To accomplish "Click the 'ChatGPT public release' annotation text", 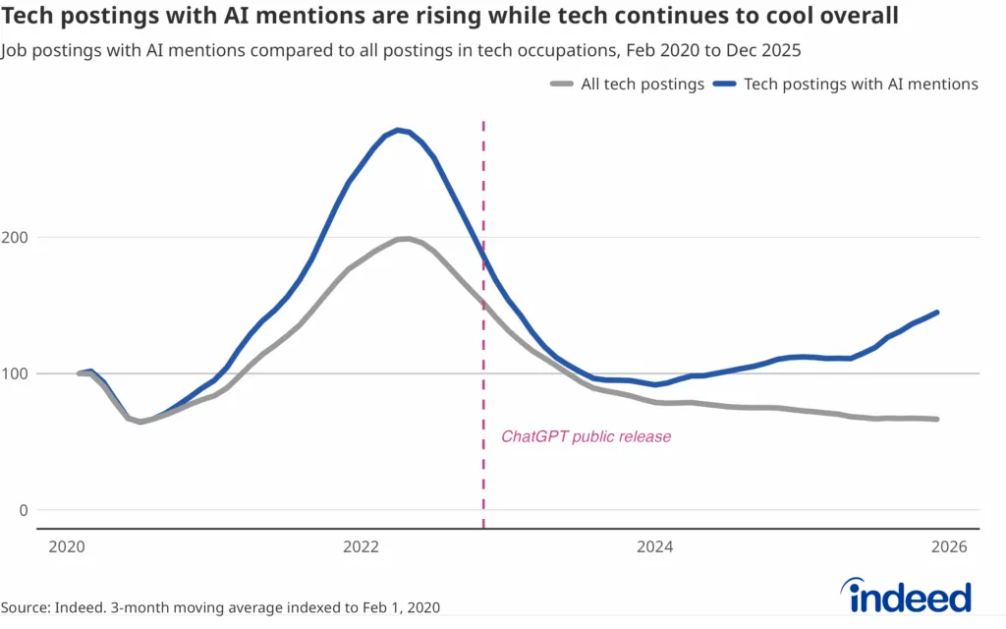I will (x=587, y=436).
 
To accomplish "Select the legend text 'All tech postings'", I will (x=643, y=85).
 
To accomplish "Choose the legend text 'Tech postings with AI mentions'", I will (x=861, y=85).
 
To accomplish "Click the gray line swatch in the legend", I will (x=561, y=85).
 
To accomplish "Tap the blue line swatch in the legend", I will (x=725, y=85).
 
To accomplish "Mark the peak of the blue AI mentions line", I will (x=397, y=130).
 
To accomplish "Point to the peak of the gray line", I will (x=403, y=239).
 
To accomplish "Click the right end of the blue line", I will (x=937, y=313).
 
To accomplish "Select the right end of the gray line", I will (x=937, y=420).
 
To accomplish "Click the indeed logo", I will (x=905, y=596).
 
